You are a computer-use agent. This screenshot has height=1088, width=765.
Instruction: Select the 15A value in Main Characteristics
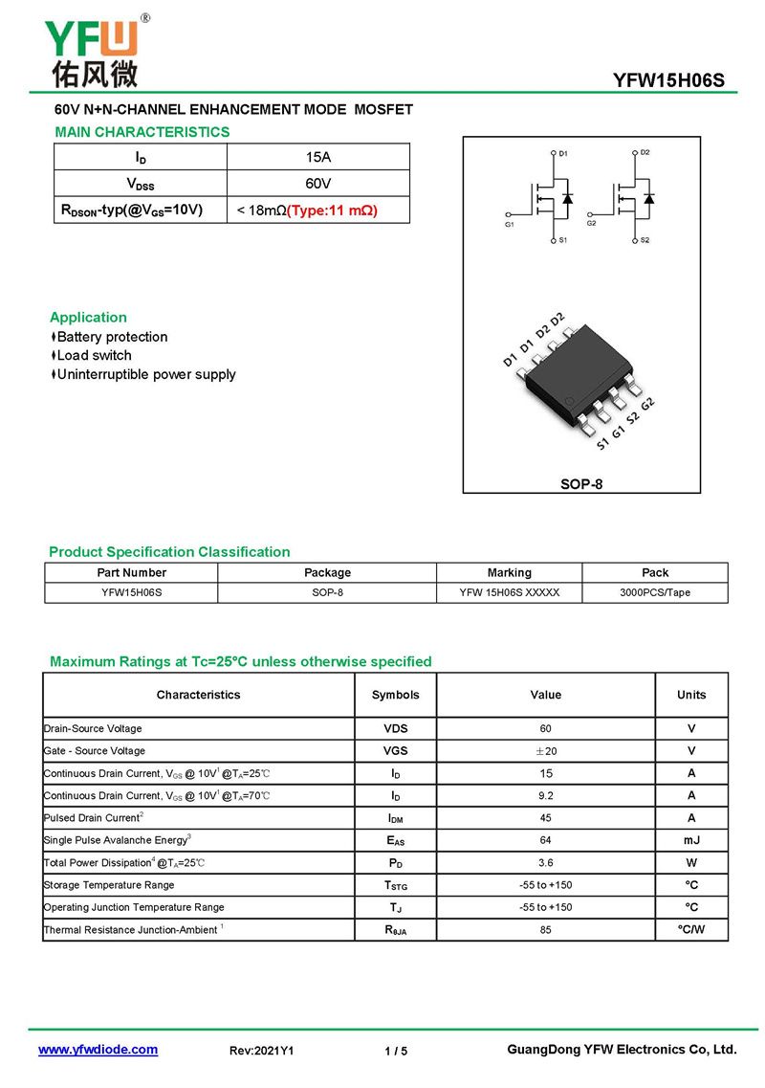[x=317, y=157]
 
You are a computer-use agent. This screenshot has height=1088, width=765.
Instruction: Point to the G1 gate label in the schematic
[x=509, y=224]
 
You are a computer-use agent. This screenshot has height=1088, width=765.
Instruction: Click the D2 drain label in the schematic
[x=645, y=153]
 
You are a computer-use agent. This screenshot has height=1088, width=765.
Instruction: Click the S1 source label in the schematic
[x=563, y=240]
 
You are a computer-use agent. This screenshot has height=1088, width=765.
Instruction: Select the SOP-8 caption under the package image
[x=581, y=484]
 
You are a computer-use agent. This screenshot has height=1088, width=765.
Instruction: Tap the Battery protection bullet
[x=111, y=337]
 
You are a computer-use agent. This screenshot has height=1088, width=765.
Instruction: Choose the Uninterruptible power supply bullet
[x=145, y=374]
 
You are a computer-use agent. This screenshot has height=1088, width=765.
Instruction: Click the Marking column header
[x=509, y=572]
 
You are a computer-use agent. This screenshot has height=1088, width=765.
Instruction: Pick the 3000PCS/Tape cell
[x=655, y=592]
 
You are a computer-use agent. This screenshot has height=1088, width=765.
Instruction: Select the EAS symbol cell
[x=396, y=840]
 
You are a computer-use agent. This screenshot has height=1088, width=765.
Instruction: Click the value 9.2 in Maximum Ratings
[x=546, y=795]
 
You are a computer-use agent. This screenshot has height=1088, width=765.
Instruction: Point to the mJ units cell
[x=691, y=840]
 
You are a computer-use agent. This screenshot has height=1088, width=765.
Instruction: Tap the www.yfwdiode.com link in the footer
[x=98, y=1050]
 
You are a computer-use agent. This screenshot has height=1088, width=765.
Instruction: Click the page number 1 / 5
[x=396, y=1051]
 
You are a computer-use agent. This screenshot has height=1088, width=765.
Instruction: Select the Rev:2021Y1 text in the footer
[x=262, y=1051]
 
